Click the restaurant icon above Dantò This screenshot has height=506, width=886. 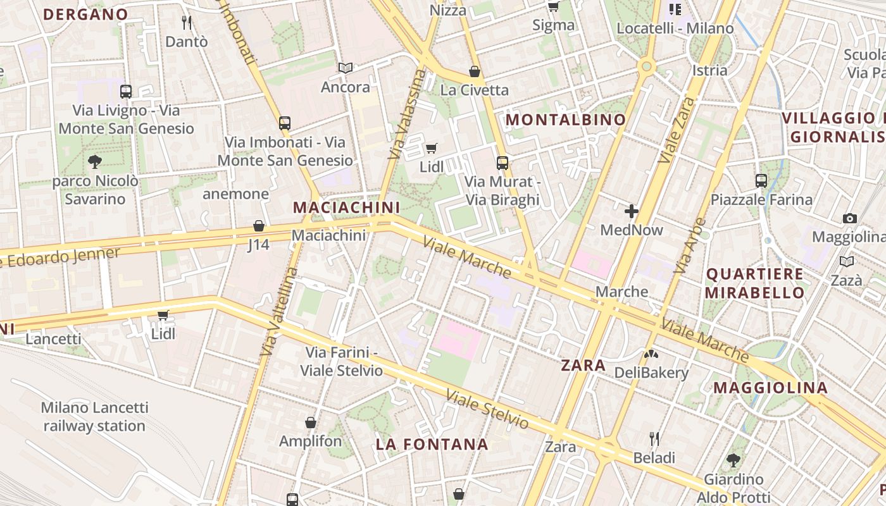[187, 23]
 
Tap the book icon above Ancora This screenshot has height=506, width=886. [345, 68]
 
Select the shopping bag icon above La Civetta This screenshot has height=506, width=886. [474, 71]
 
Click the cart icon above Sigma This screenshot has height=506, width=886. [554, 7]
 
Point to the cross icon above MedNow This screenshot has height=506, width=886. [631, 211]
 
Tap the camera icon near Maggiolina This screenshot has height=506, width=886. [850, 219]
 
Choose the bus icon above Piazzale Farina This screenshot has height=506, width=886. [761, 181]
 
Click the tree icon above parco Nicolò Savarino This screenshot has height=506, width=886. [95, 162]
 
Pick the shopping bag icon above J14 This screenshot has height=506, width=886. [258, 226]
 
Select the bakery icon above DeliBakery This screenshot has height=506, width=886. [651, 354]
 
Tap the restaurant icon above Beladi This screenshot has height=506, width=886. [654, 438]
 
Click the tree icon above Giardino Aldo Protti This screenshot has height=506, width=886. [733, 460]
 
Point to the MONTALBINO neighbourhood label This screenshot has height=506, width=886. [566, 120]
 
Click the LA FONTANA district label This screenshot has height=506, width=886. [432, 444]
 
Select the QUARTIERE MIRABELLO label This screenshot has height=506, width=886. [754, 283]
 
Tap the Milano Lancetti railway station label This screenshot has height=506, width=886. [95, 417]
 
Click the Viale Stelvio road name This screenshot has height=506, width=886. [487, 409]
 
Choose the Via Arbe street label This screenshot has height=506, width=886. [690, 247]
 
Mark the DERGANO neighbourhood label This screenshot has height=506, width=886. [85, 14]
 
